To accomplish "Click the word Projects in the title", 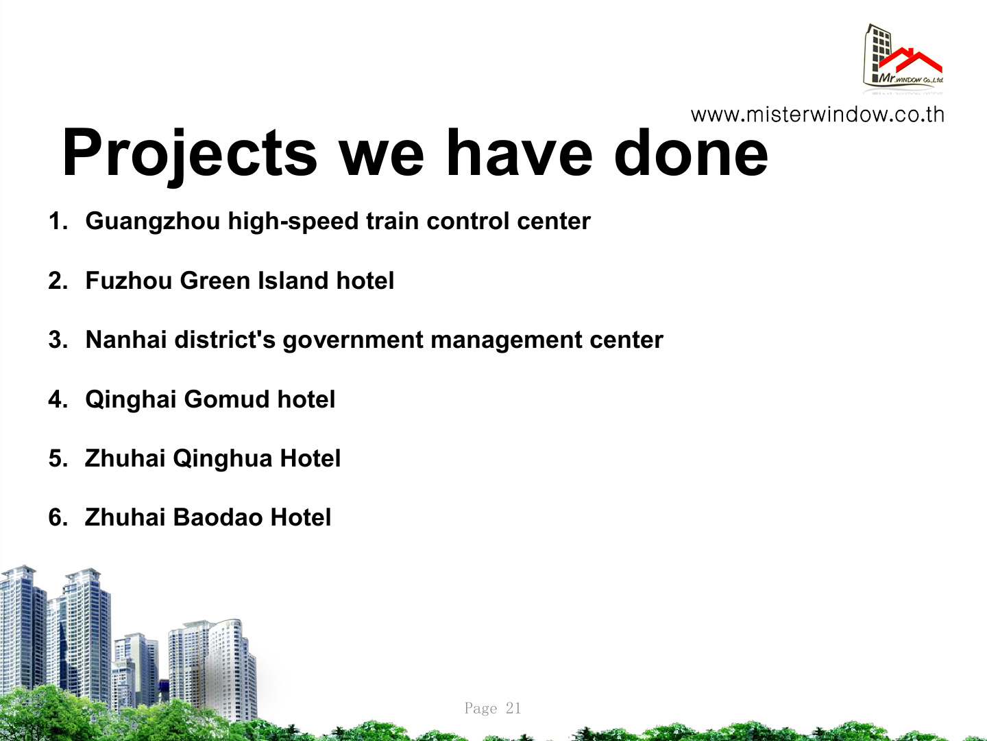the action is click(x=189, y=156).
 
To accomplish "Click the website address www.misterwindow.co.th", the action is click(x=817, y=115).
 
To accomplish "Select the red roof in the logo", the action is click(x=910, y=61).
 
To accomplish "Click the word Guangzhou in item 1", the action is click(x=153, y=222).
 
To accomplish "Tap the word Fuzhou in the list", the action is click(x=129, y=281).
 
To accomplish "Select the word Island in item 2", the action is click(x=293, y=281).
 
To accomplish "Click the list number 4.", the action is click(x=58, y=399).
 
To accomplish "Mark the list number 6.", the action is click(x=58, y=517).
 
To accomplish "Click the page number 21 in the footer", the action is click(x=513, y=707).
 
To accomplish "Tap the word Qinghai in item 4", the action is click(x=131, y=400).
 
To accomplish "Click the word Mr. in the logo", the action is click(x=886, y=78).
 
